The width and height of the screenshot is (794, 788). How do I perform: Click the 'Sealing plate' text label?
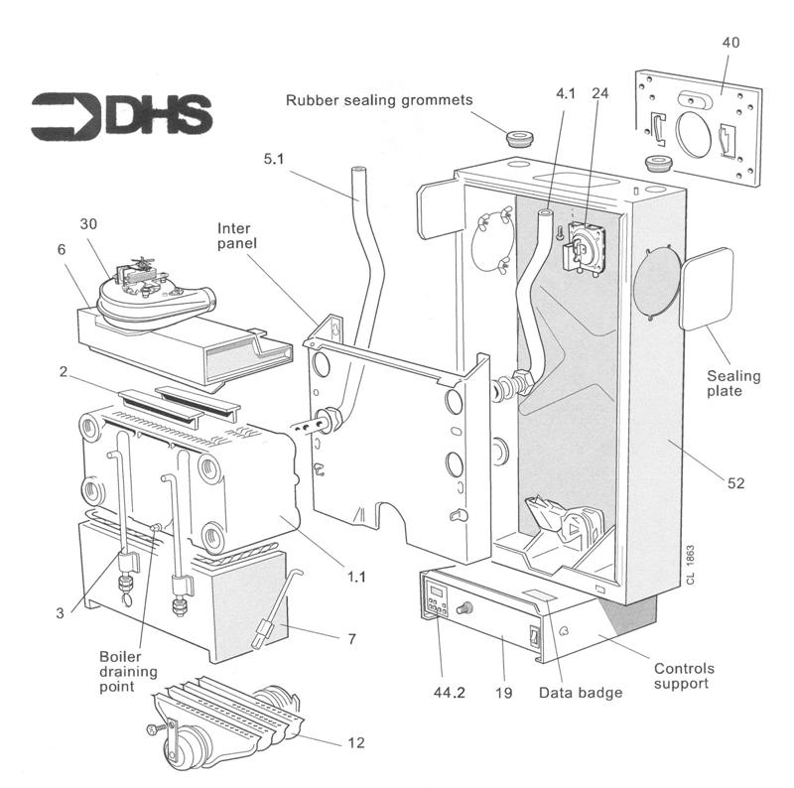click(733, 384)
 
